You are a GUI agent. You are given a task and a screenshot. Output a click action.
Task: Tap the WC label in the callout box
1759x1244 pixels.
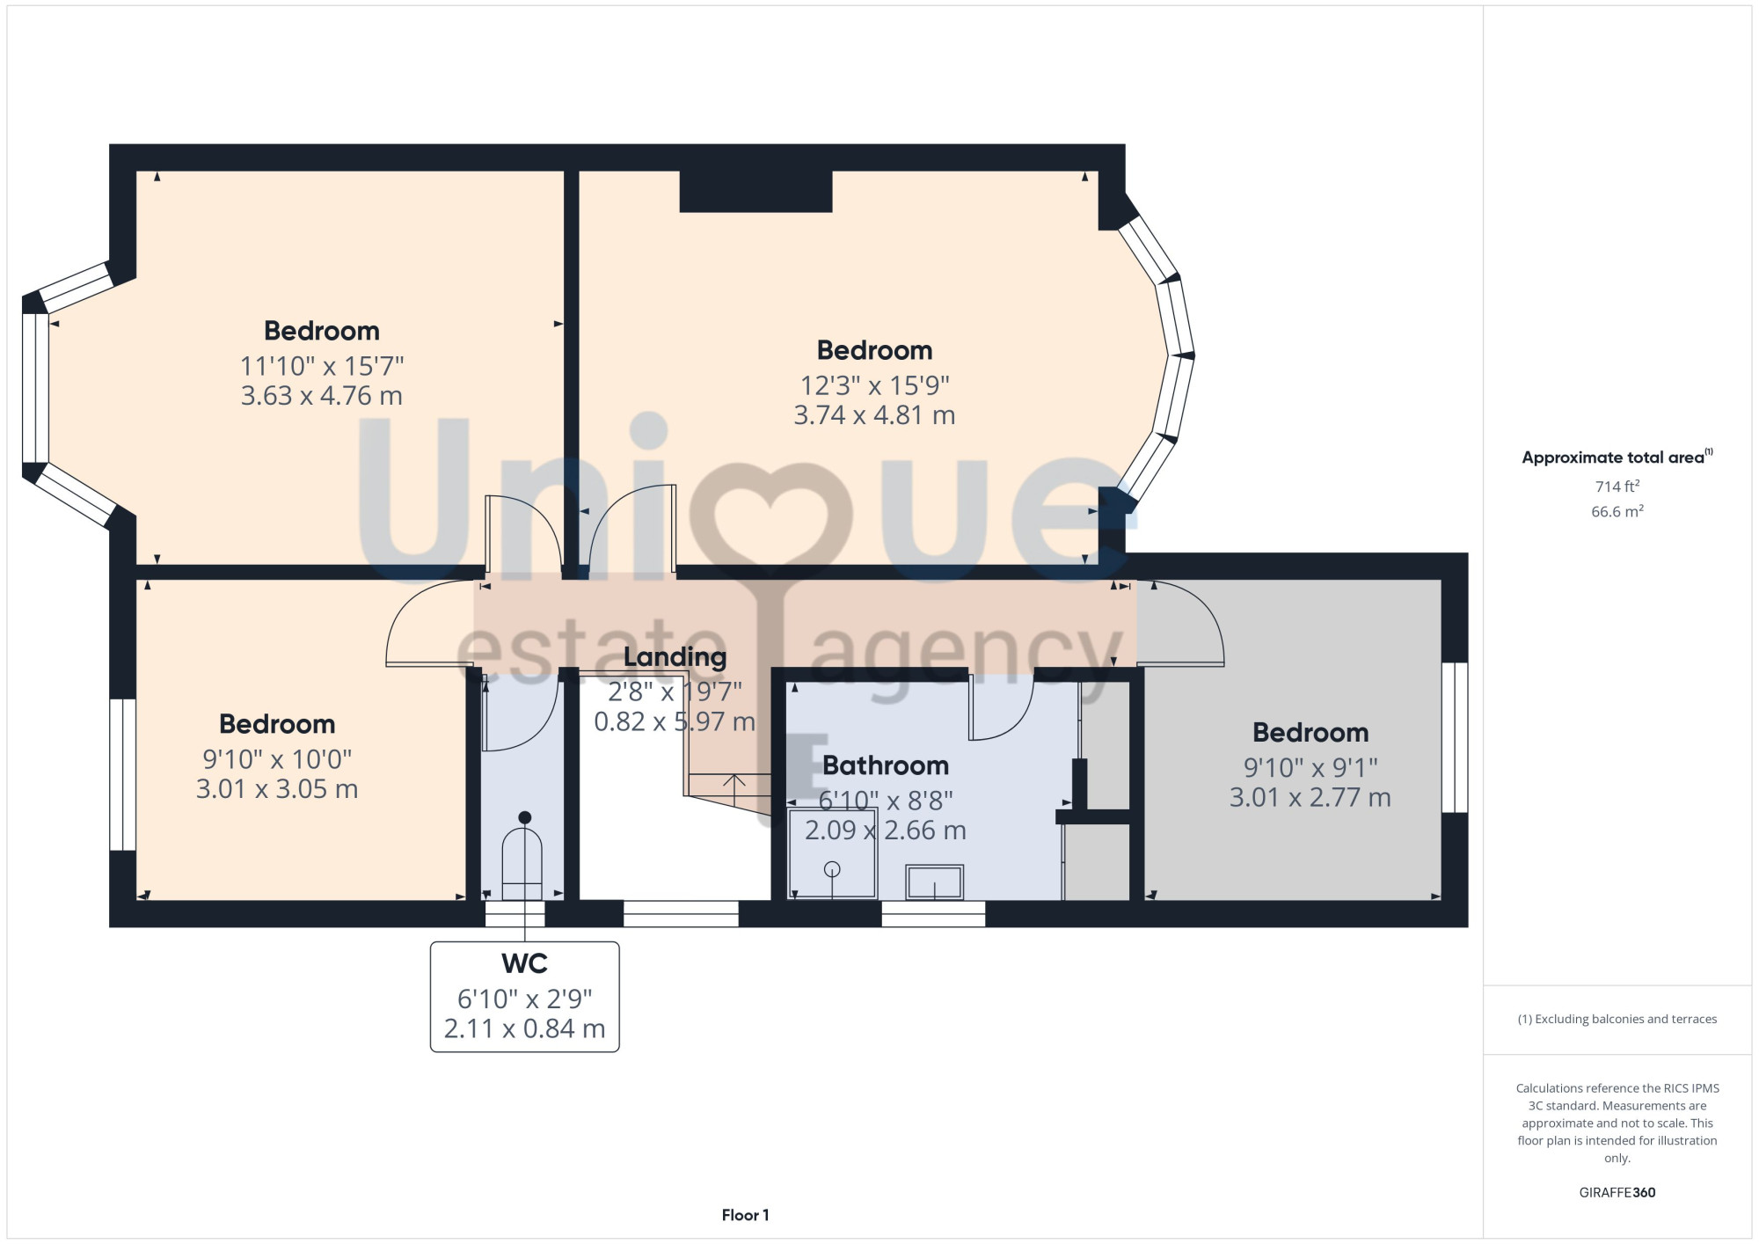coord(524,963)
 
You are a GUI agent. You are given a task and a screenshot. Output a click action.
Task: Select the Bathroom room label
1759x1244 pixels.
coord(886,765)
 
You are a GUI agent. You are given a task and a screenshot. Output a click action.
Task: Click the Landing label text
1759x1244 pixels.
coord(675,657)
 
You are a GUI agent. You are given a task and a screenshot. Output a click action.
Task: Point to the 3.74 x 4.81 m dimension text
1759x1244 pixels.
coord(874,415)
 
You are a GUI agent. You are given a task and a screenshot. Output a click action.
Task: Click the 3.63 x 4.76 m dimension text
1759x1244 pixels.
coord(322,396)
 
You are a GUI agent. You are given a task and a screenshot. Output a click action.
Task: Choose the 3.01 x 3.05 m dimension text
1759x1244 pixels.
coord(277,789)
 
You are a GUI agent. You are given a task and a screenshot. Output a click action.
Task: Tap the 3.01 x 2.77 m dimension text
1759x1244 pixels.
coord(1310,798)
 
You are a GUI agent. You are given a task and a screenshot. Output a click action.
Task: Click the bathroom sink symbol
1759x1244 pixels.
coord(934,882)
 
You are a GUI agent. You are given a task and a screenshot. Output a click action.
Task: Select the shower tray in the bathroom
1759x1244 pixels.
coord(833,853)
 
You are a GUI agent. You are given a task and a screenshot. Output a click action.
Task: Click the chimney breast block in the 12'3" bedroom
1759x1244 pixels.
coord(755,191)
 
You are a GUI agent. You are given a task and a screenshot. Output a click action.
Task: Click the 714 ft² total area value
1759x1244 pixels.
coord(1617,487)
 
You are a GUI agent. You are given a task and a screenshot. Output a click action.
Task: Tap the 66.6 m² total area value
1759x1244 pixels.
coord(1617,511)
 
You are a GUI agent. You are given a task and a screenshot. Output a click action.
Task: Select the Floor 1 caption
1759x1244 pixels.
coord(745,1215)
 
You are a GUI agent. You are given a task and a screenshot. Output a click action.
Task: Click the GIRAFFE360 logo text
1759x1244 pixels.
coord(1617,1193)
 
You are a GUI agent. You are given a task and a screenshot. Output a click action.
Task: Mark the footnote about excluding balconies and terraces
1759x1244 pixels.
coord(1617,1019)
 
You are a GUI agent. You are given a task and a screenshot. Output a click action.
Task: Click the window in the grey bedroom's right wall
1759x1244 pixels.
coord(1455,737)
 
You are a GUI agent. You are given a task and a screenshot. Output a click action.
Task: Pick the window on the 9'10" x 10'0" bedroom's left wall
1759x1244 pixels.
coord(122,775)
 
